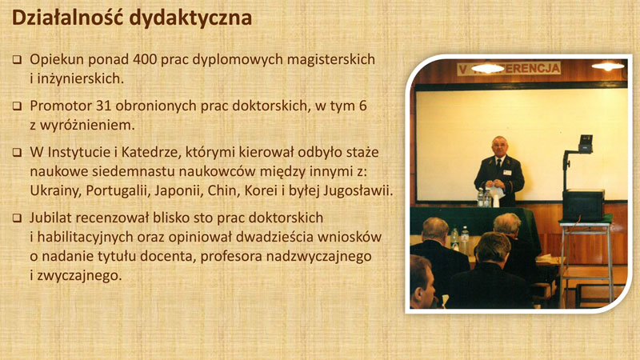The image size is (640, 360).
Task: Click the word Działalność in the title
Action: (x=68, y=18)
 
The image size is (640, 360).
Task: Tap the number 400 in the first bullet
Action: (x=145, y=59)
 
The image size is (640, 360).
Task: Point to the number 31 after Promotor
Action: (x=104, y=106)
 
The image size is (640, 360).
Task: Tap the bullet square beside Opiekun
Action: (x=17, y=60)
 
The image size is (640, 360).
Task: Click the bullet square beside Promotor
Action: (x=17, y=106)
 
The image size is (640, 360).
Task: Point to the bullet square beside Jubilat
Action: (x=17, y=218)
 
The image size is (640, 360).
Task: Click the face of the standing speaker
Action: (x=499, y=146)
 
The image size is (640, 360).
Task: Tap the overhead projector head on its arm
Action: (x=586, y=143)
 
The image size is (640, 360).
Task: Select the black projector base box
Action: (x=584, y=206)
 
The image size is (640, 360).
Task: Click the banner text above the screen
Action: (x=509, y=68)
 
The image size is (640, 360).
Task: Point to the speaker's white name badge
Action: (x=507, y=172)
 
